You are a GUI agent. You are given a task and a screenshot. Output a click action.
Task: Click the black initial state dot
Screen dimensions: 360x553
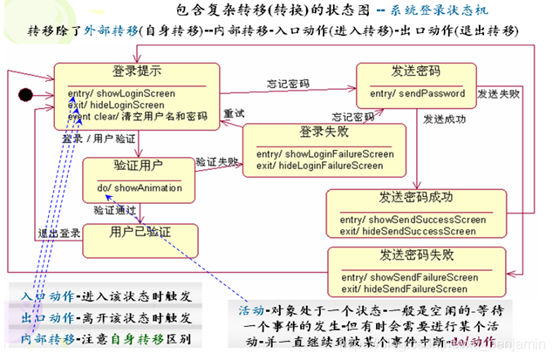25,93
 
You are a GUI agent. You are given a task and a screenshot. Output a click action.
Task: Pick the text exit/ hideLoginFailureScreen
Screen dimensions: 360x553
319,165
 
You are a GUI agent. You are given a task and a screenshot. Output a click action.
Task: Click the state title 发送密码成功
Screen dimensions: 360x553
416,197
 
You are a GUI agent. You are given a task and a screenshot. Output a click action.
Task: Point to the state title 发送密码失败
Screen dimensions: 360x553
416,255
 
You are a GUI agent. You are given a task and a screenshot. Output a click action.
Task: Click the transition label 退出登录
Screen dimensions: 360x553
59,233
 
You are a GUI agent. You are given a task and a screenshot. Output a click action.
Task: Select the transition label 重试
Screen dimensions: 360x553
233,113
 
